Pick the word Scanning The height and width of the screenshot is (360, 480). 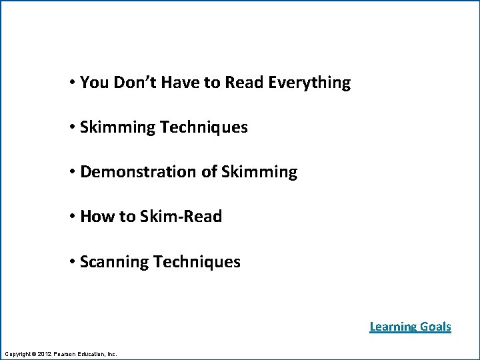click(114, 262)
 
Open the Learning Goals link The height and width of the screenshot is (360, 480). click(410, 327)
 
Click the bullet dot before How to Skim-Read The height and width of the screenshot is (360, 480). click(71, 217)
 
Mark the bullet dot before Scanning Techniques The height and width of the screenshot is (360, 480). click(71, 261)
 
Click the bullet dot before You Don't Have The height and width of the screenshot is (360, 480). click(71, 83)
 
